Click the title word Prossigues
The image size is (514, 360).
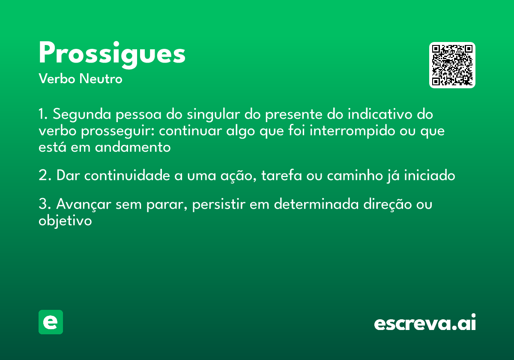tap(112, 54)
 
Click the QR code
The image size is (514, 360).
tap(452, 65)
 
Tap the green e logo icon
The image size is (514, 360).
tap(51, 322)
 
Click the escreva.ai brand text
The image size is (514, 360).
tap(425, 324)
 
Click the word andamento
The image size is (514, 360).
tap(133, 147)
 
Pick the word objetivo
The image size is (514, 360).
tap(65, 221)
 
